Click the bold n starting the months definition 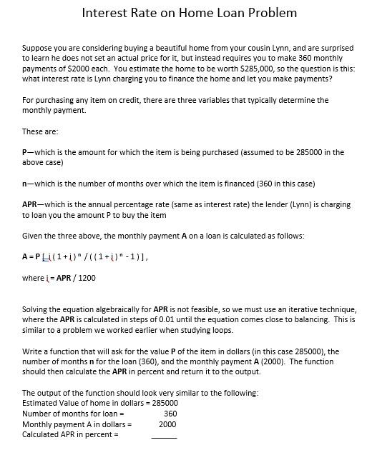coord(24,184)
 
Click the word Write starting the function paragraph coord(33,351)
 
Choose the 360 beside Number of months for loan coord(170,414)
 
